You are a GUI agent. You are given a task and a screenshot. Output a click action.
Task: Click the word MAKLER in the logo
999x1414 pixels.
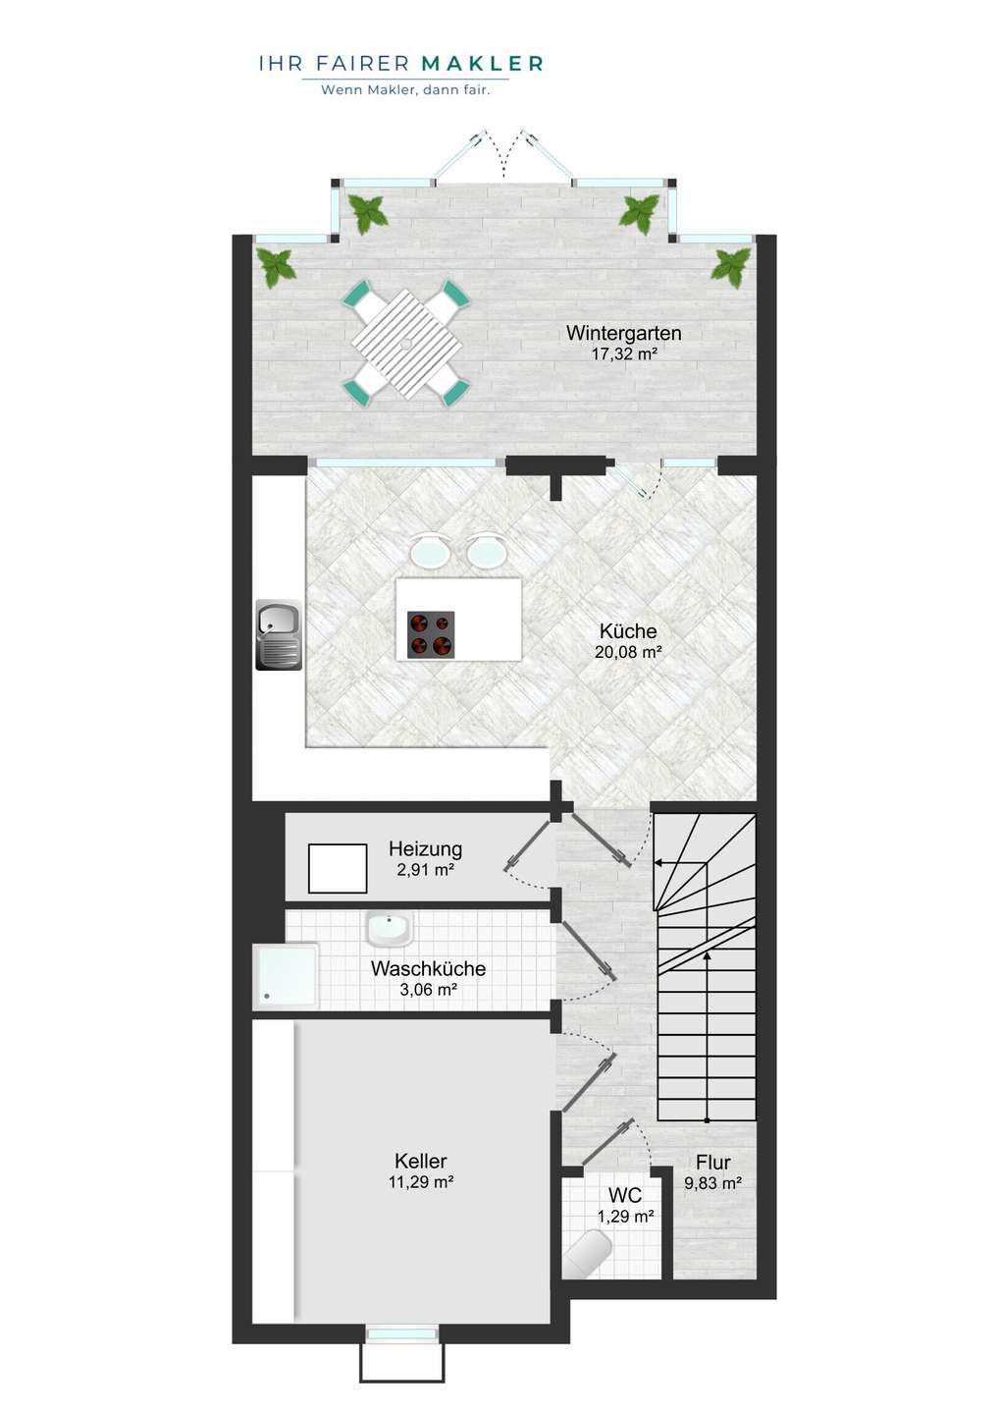[x=482, y=63]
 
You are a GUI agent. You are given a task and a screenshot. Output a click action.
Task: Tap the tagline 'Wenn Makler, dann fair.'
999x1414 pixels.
[x=405, y=89]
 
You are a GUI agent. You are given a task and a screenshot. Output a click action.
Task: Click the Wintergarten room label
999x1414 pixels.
[x=624, y=333]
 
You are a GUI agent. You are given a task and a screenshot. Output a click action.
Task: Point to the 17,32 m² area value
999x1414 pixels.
[x=624, y=353]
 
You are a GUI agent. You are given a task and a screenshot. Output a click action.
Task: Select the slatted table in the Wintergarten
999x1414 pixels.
[x=407, y=346]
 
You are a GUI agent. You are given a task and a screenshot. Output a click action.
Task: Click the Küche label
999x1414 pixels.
[x=628, y=630]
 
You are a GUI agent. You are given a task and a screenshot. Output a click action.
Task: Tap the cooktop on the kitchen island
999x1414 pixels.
[x=431, y=634]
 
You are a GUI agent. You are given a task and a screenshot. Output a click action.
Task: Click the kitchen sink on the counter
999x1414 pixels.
[x=279, y=635]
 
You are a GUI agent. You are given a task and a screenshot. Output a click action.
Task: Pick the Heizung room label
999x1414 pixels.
[x=425, y=848]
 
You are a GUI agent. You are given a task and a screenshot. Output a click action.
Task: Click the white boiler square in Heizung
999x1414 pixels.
[x=338, y=869]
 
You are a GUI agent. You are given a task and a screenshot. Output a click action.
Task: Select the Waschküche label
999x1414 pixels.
[x=428, y=968]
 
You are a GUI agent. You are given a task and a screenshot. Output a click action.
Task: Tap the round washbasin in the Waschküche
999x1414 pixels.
[x=390, y=928]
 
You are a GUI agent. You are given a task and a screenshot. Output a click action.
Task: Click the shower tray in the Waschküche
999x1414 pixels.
[x=285, y=975]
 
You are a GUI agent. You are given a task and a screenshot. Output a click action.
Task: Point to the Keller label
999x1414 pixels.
[x=421, y=1161]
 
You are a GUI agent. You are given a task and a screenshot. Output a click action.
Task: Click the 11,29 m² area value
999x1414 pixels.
[x=421, y=1181]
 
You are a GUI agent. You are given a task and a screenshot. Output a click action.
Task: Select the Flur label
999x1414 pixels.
[x=713, y=1163]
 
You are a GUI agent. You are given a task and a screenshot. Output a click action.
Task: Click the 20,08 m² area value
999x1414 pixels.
[x=628, y=651]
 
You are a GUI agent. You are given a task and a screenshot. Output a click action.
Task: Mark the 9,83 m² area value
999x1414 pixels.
[x=712, y=1183]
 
